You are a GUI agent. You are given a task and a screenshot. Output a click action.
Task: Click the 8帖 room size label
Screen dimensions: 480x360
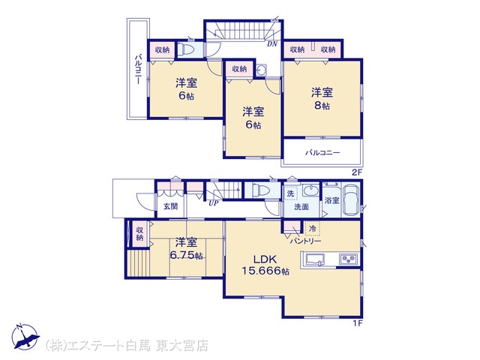[322, 106]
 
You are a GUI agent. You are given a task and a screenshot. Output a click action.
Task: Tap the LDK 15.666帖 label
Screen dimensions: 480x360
[265, 265]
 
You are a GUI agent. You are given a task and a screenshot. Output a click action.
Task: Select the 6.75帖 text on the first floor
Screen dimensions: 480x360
[187, 255]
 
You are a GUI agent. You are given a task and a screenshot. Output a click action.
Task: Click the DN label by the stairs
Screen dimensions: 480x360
[271, 43]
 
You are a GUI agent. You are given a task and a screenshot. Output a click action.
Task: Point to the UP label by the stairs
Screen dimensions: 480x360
[213, 203]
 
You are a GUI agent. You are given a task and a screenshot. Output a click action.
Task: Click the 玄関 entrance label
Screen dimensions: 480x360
[170, 206]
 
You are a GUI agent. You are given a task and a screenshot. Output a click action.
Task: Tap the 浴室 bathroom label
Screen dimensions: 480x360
[331, 200]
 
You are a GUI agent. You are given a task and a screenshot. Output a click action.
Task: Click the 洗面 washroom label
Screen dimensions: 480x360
[301, 207]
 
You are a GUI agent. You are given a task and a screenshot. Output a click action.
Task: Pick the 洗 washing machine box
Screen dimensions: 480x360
[290, 193]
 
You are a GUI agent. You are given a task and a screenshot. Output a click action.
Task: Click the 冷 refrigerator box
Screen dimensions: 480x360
[313, 228]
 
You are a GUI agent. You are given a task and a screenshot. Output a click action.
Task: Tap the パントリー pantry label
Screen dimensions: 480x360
[306, 241]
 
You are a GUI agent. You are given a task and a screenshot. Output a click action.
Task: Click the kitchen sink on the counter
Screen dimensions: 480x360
[315, 259]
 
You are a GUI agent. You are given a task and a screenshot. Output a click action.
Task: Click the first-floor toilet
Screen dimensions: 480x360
[261, 190]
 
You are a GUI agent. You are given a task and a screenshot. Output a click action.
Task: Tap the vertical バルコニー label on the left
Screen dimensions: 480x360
[139, 69]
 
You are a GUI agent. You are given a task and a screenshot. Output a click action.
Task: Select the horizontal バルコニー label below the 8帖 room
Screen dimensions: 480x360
[322, 153]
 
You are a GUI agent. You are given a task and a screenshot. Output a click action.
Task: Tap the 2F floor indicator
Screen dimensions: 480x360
[357, 172]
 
